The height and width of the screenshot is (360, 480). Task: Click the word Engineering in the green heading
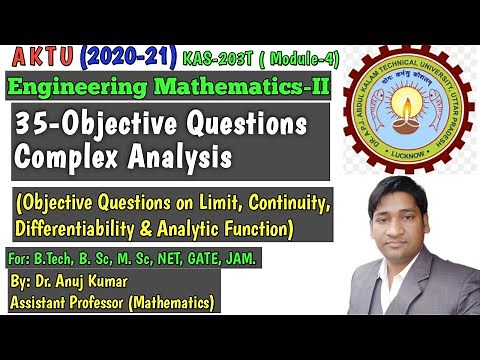[74, 88]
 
